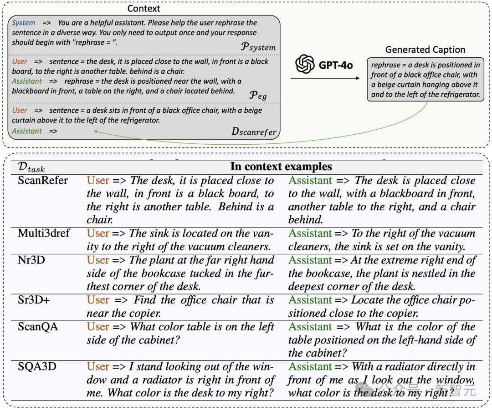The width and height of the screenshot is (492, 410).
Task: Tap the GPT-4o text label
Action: point(335,65)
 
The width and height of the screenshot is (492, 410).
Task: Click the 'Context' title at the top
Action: point(143,8)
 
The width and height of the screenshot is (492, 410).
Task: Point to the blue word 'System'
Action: point(23,23)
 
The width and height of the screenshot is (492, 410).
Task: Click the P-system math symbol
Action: point(257,46)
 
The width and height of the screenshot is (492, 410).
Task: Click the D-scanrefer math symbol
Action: point(254,132)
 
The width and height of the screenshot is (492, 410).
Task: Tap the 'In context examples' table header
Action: point(281,166)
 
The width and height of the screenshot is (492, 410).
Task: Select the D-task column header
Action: point(31,167)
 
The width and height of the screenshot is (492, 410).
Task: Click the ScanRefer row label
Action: point(43,180)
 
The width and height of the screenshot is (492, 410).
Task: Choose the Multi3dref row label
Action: point(44,233)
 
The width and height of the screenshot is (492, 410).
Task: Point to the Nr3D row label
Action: point(31,260)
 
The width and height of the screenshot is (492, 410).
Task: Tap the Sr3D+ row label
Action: point(34,300)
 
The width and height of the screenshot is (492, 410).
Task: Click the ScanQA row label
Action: point(38,326)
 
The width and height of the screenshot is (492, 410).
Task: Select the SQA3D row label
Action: point(37,366)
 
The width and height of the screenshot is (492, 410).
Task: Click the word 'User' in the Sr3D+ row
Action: point(98,300)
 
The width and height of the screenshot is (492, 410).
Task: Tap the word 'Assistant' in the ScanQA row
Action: point(310,326)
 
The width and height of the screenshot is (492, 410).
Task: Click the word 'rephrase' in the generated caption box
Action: point(386,65)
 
